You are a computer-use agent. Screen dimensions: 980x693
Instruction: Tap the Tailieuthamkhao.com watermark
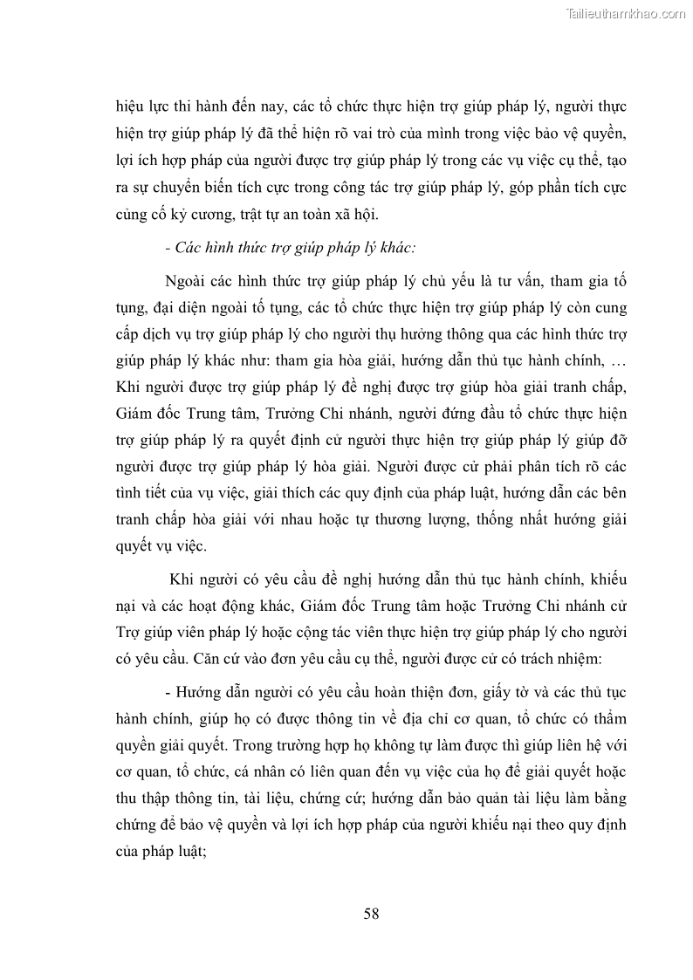pos(627,13)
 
